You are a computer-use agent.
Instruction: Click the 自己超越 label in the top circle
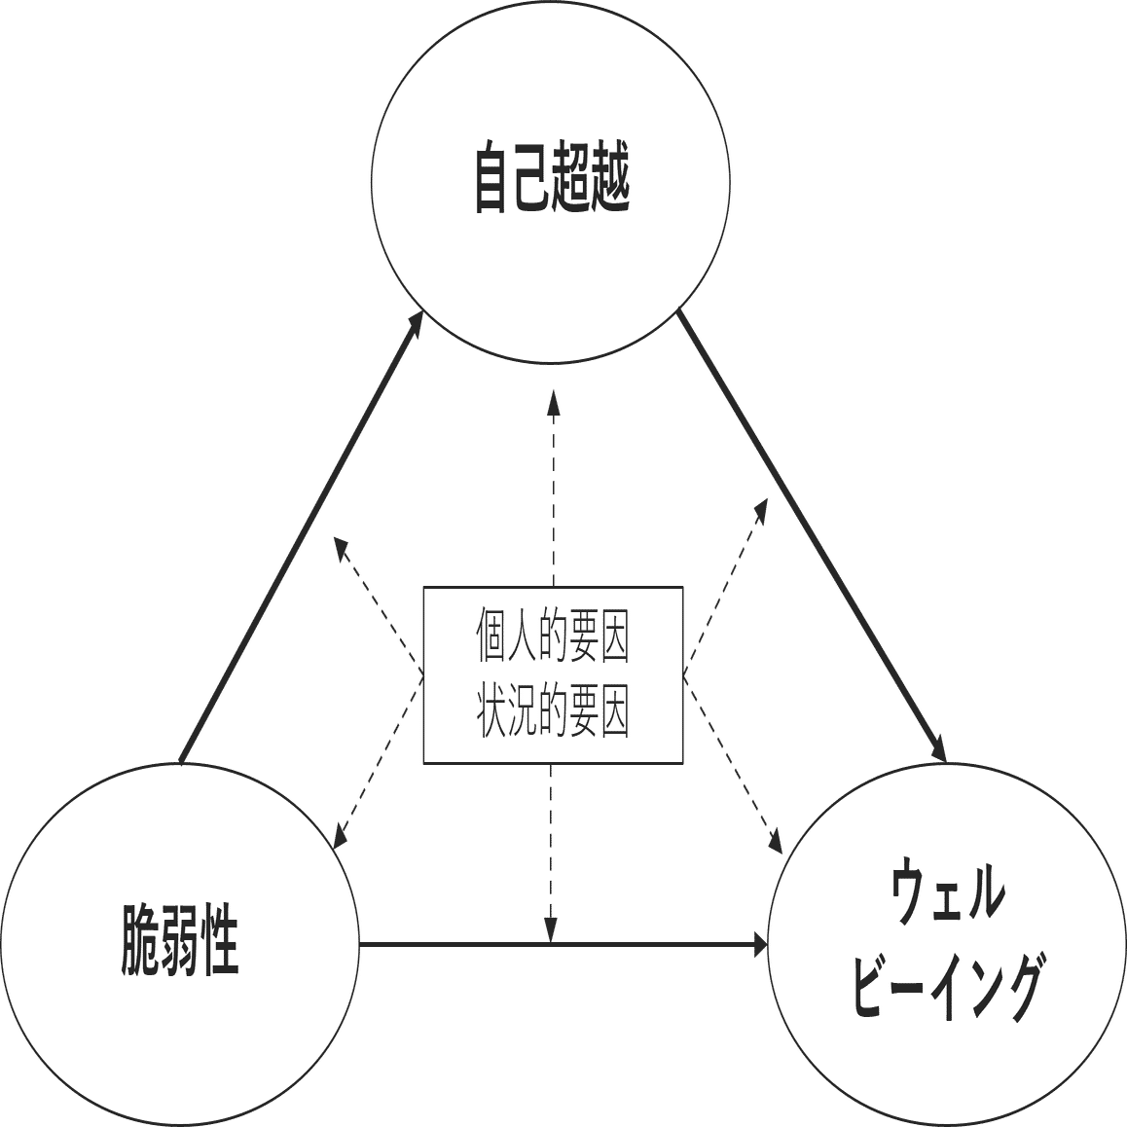(x=552, y=179)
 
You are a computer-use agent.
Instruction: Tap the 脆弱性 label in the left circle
(x=180, y=940)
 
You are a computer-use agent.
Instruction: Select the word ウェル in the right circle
(x=948, y=893)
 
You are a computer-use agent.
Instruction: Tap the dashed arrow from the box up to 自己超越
(x=552, y=487)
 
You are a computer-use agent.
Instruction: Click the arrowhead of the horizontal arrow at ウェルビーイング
(x=758, y=943)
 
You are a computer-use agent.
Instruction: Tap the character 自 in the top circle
(x=492, y=179)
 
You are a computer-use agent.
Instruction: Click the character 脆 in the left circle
(x=142, y=940)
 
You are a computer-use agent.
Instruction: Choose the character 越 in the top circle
(x=611, y=179)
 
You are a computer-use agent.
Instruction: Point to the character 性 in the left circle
(x=220, y=940)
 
